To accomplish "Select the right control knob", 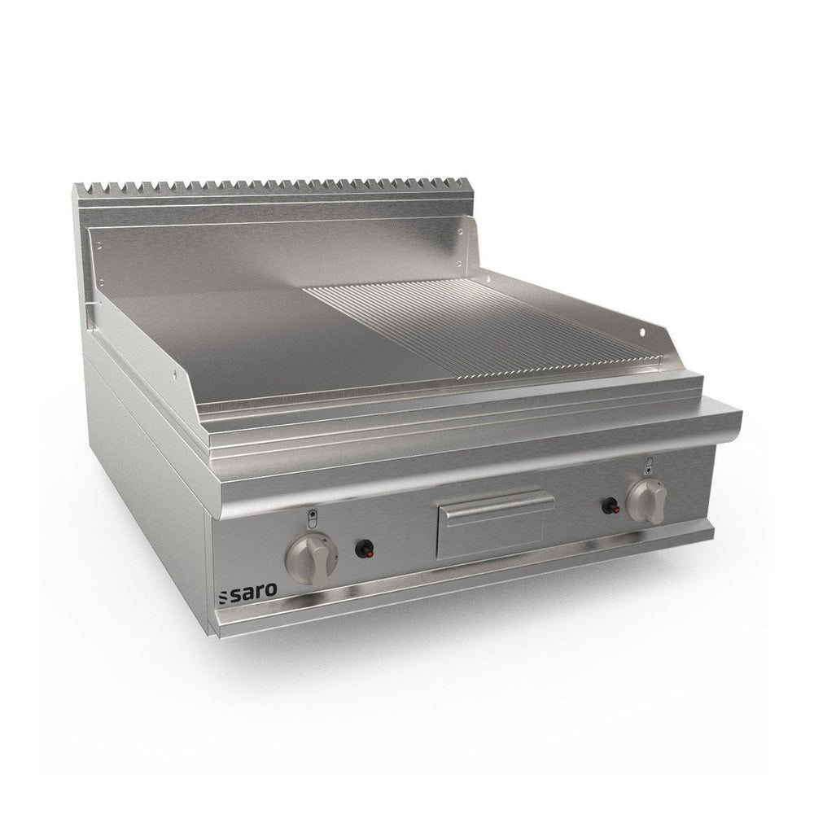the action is pos(646,501).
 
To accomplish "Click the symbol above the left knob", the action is pos(312,519).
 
